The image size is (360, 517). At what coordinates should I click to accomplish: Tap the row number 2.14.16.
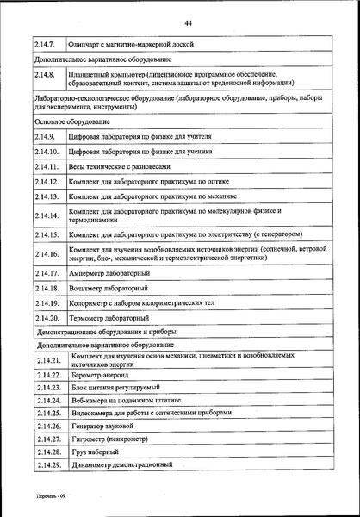(x=47, y=254)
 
